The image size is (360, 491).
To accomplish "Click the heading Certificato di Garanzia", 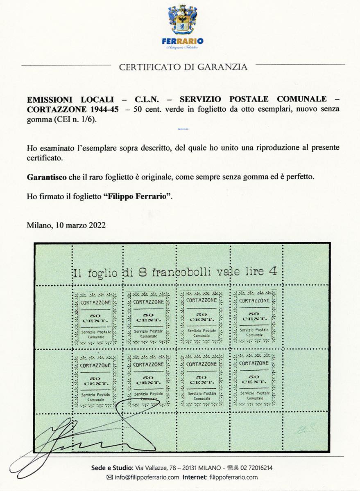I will pyautogui.click(x=183, y=67).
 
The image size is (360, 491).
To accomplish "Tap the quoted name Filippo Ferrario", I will pyautogui.click(x=137, y=196).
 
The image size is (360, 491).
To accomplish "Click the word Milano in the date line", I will pyautogui.click(x=38, y=225).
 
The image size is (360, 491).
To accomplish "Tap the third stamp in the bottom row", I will pyautogui.click(x=201, y=379).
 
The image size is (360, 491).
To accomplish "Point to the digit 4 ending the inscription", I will pyautogui.click(x=271, y=270).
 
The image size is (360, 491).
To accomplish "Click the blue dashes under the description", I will pyautogui.click(x=183, y=129).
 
